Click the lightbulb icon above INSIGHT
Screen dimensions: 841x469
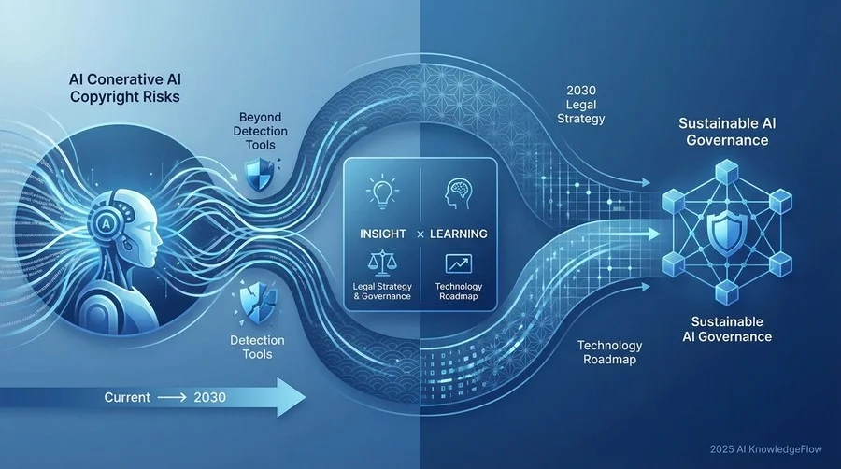(382, 193)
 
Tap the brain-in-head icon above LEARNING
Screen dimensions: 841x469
(459, 194)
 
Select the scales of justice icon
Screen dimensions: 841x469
(383, 263)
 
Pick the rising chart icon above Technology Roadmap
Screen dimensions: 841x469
(459, 263)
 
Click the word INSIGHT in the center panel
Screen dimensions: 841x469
(382, 234)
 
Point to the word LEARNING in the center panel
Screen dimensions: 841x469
(459, 234)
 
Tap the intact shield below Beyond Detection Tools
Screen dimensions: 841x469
(260, 175)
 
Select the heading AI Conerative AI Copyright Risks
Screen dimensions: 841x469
(125, 88)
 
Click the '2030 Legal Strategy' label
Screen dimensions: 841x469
(581, 105)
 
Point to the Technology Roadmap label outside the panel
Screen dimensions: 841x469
(610, 352)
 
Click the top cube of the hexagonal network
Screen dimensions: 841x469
(727, 172)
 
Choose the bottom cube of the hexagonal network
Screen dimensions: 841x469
(727, 292)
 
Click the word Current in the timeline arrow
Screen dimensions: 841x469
(127, 397)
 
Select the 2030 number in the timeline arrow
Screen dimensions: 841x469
(209, 397)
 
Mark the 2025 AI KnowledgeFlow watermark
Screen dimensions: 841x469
(765, 449)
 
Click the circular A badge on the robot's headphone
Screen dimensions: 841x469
(107, 222)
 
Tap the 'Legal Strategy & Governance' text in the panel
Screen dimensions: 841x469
(382, 291)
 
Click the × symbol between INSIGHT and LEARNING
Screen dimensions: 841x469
(420, 234)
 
